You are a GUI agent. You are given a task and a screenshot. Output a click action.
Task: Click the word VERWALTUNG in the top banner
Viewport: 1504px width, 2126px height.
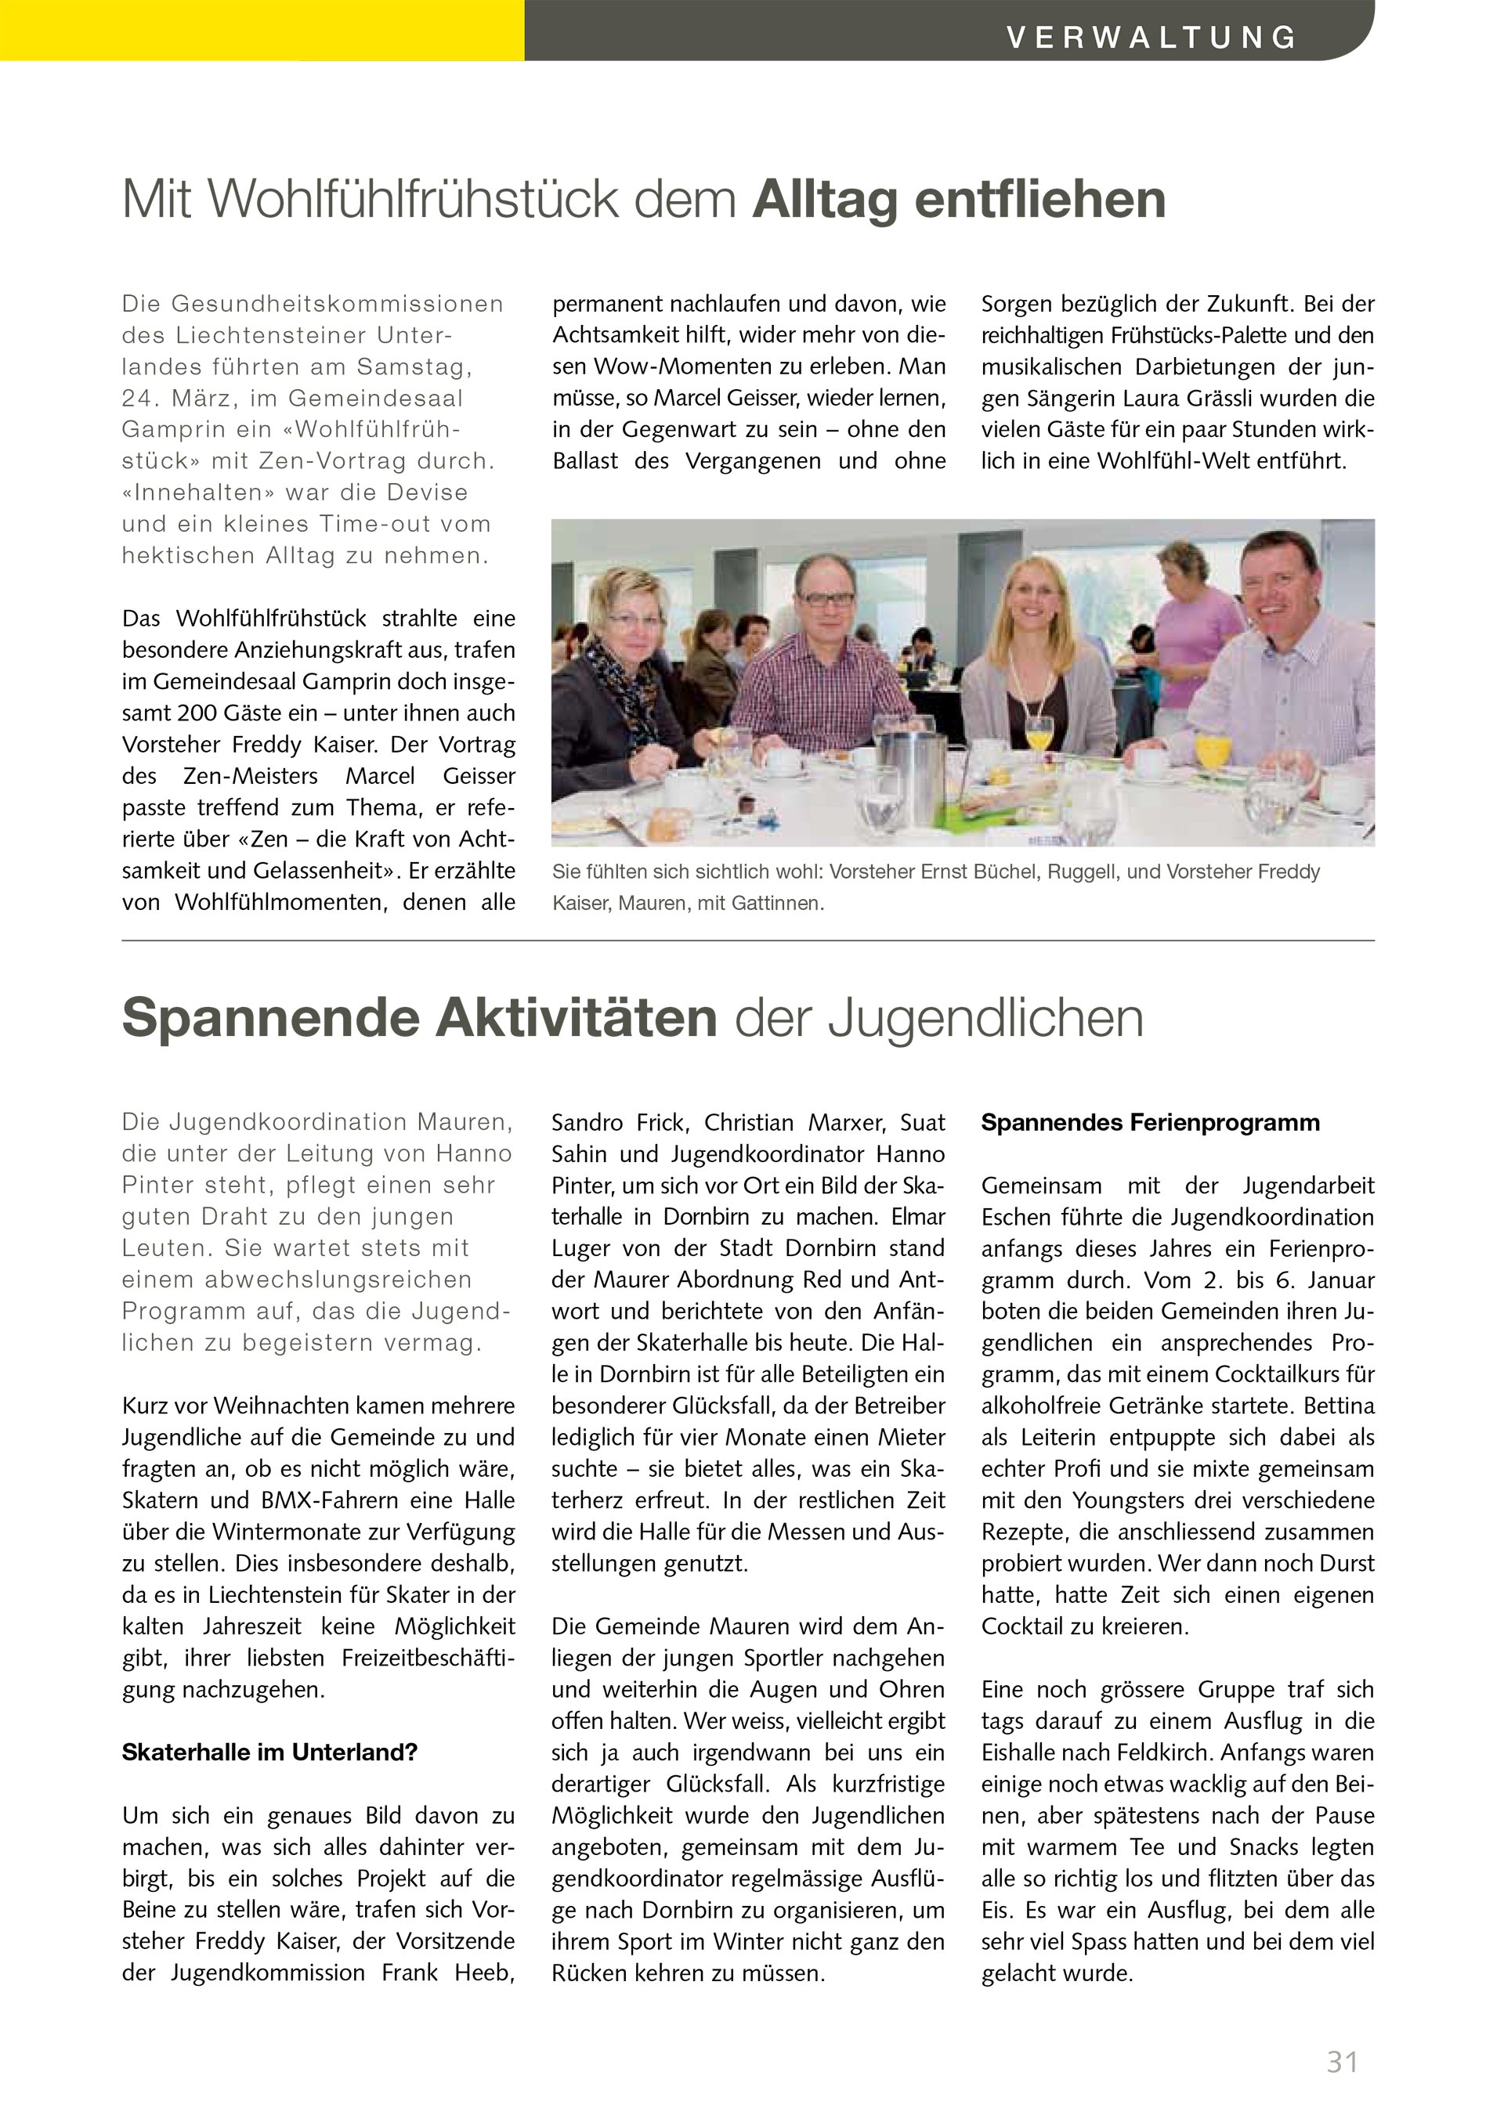click(x=1152, y=37)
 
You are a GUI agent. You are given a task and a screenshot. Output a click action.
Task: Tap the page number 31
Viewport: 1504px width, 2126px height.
click(x=1342, y=2062)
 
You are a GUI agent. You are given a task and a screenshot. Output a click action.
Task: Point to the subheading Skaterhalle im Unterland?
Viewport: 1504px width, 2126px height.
click(x=269, y=1752)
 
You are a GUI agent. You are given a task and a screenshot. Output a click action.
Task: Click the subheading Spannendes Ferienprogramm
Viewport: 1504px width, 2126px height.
click(x=1150, y=1122)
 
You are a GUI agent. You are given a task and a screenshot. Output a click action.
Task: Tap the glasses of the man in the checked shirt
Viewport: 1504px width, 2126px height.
click(x=824, y=598)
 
